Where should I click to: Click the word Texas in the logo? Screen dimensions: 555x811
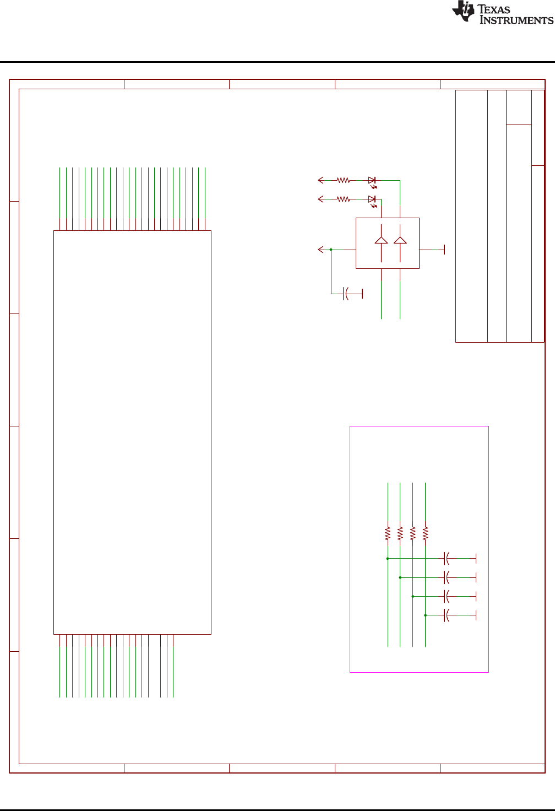[494, 9]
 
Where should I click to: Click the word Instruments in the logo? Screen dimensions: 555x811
[516, 20]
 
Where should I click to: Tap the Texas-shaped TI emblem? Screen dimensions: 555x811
[463, 12]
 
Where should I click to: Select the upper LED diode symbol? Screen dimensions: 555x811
[372, 180]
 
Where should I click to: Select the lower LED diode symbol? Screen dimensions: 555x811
[372, 199]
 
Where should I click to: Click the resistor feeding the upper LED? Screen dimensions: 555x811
[344, 180]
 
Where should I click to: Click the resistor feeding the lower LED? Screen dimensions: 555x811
[344, 199]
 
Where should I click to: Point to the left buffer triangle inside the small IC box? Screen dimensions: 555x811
[381, 240]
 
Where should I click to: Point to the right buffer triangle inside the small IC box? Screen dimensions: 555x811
[400, 240]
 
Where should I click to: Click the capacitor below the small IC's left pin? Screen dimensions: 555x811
[346, 294]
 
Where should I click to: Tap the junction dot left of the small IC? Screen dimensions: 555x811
[331, 250]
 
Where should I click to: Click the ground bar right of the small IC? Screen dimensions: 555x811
[444, 250]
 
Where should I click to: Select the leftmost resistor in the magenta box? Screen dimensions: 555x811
[388, 533]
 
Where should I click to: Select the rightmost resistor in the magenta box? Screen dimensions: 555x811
[425, 533]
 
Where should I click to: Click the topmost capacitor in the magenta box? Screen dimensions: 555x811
[447, 559]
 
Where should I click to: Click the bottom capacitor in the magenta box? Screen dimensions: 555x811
[447, 615]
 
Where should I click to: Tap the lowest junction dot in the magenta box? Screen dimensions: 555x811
[425, 615]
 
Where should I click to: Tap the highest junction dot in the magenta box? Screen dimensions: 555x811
[388, 559]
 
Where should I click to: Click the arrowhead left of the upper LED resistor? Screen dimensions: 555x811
[320, 180]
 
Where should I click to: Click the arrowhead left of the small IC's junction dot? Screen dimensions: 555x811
[320, 250]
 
